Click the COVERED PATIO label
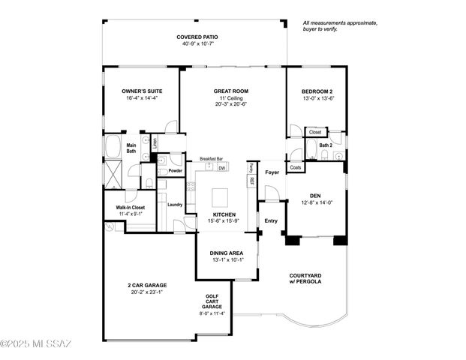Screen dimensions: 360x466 coord(197,37)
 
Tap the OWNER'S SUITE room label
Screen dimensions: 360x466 coord(142,91)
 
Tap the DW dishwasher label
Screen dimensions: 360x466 coord(221,168)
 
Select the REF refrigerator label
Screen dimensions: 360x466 coord(251,181)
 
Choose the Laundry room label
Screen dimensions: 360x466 coord(176,204)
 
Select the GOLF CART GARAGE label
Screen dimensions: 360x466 coord(212,301)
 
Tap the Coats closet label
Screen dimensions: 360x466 coord(296,167)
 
